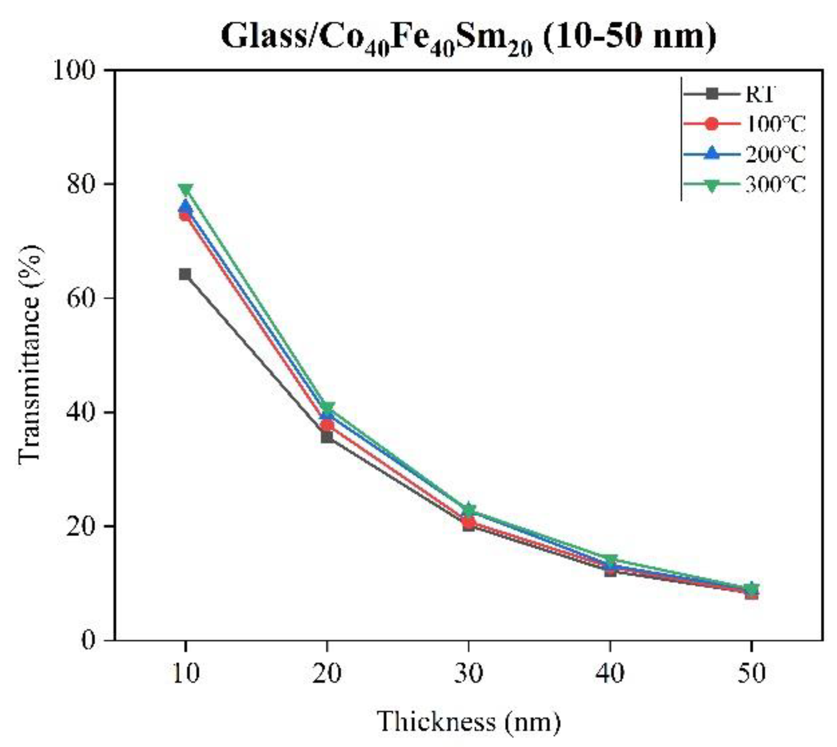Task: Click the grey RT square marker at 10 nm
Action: point(185,274)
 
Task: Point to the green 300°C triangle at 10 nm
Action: point(185,189)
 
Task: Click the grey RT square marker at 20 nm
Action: point(327,436)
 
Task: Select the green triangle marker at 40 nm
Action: point(610,560)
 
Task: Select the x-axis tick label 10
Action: point(185,673)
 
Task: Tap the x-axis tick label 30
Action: point(468,673)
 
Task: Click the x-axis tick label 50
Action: point(751,673)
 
